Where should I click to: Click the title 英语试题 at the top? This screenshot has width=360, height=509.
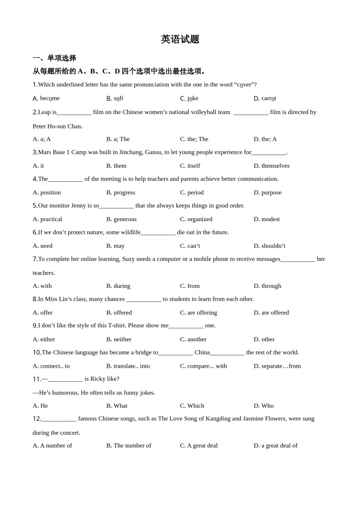pyautogui.click(x=180, y=39)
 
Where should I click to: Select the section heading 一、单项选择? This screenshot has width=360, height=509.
pyautogui.click(x=55, y=58)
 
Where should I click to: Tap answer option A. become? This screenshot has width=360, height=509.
pyautogui.click(x=46, y=98)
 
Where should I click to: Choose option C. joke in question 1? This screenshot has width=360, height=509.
pyautogui.click(x=189, y=98)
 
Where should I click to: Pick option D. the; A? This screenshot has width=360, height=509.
pyautogui.click(x=265, y=139)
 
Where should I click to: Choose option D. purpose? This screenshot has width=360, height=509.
pyautogui.click(x=268, y=192)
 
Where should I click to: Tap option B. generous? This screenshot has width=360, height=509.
pyautogui.click(x=121, y=219)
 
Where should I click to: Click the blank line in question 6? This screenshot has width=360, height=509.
pyautogui.click(x=158, y=233)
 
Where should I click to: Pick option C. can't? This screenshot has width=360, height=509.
pyautogui.click(x=190, y=246)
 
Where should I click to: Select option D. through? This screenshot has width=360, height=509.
pyautogui.click(x=268, y=286)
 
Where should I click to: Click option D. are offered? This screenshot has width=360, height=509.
pyautogui.click(x=271, y=313)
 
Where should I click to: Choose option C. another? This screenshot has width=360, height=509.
pyautogui.click(x=193, y=339)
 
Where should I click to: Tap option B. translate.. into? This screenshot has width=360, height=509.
pyautogui.click(x=128, y=366)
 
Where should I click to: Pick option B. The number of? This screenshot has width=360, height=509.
pyautogui.click(x=129, y=446)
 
